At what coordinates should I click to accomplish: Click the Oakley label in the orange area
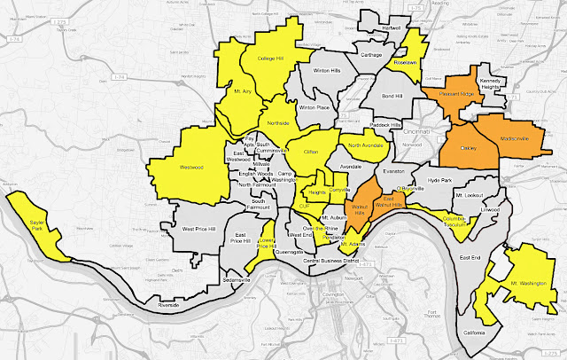click(469, 149)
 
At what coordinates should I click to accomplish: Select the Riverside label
click(168, 305)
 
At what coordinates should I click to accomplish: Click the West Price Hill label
click(200, 229)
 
